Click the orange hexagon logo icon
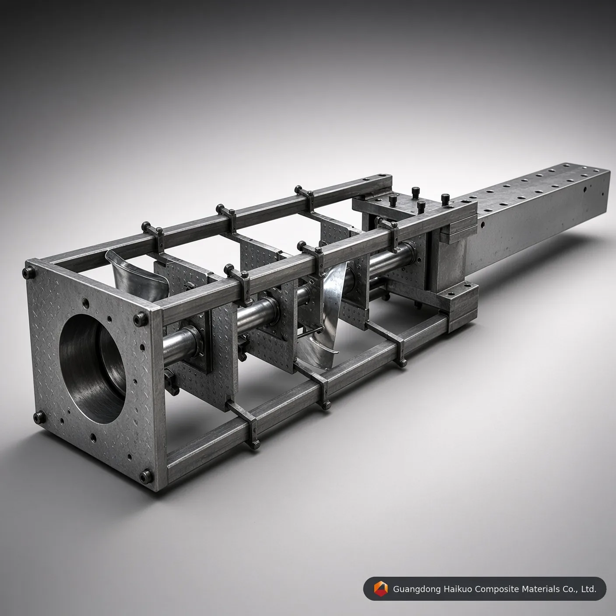click(x=380, y=589)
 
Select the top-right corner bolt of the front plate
click(x=140, y=318)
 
